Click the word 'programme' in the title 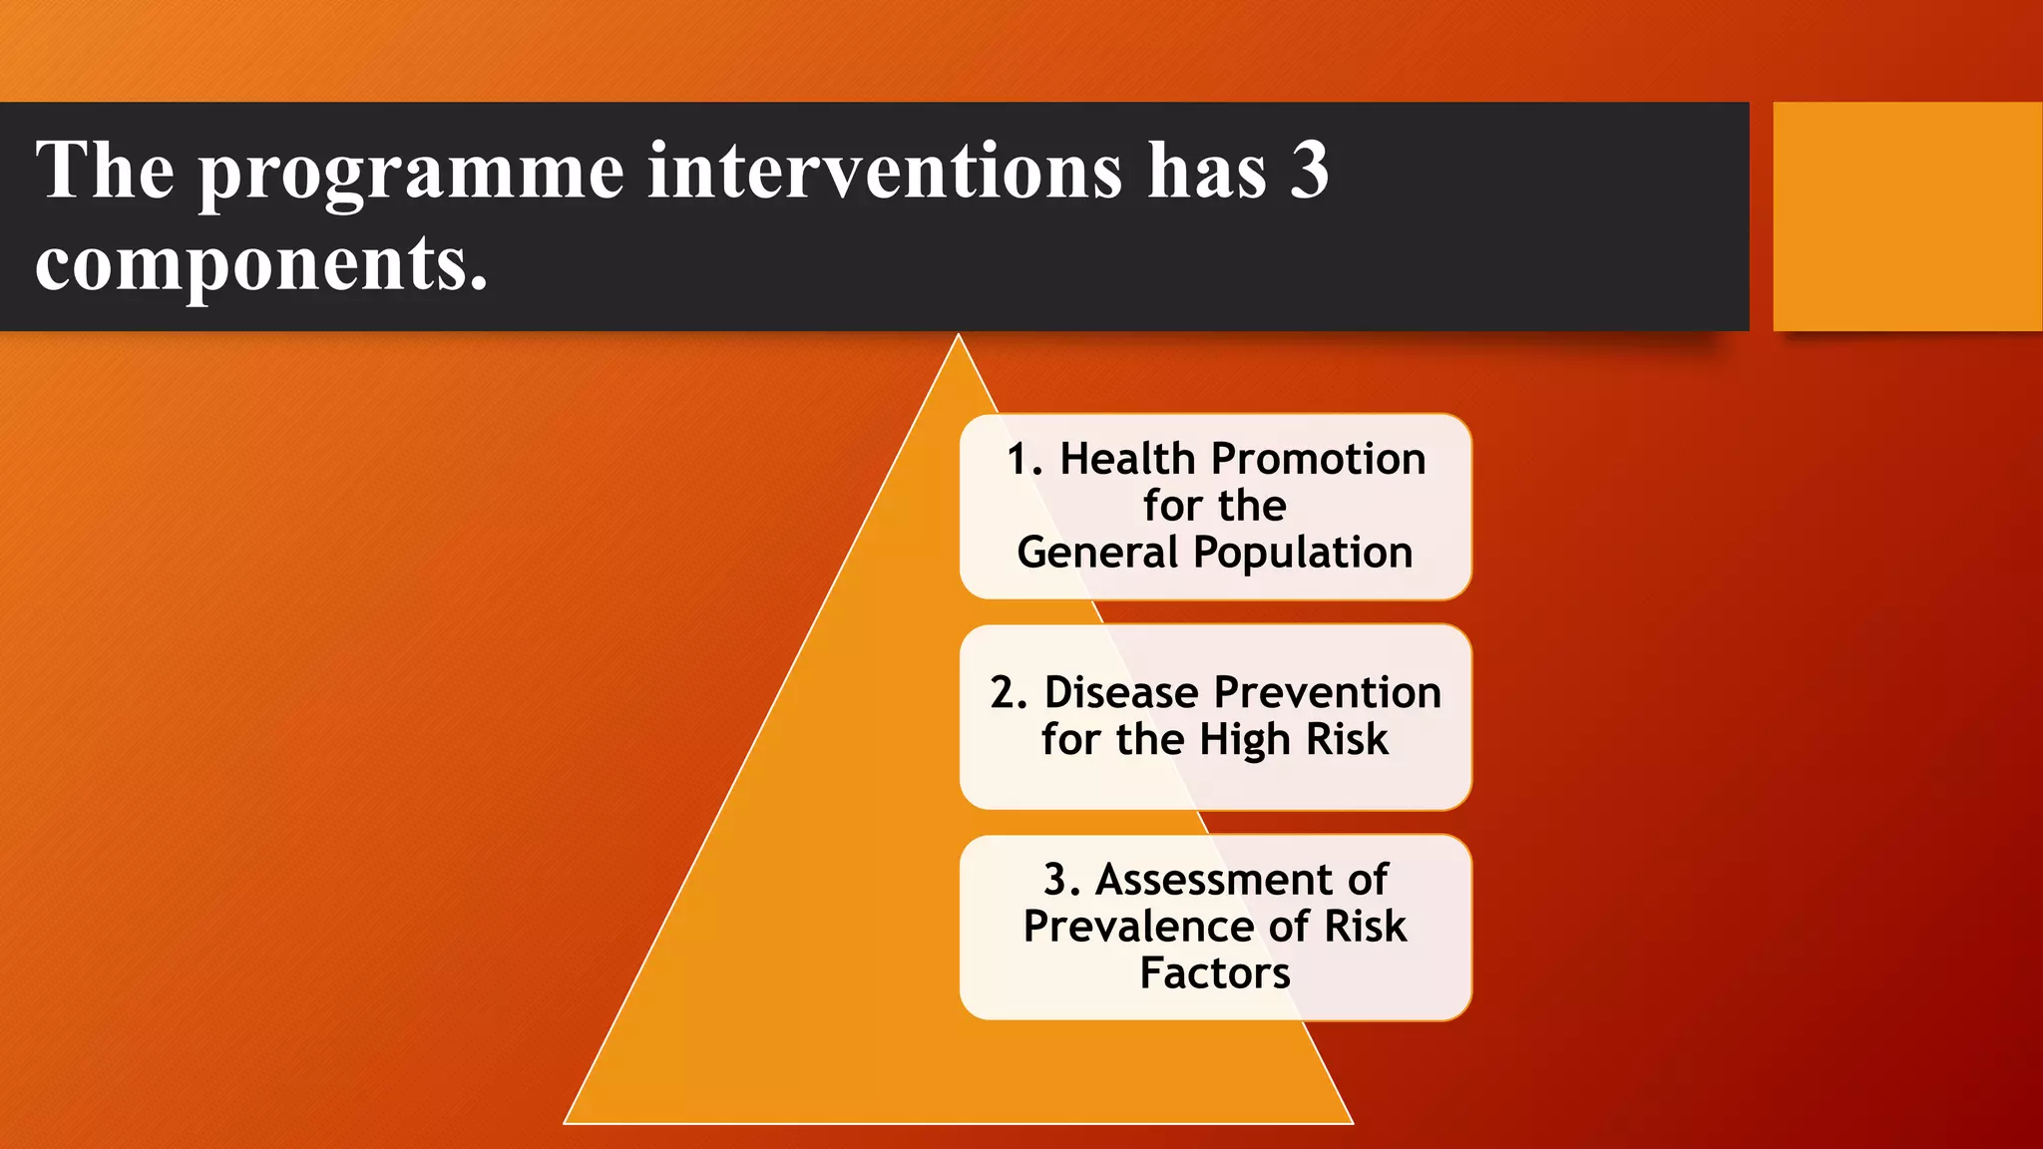[411, 175]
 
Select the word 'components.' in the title [261, 264]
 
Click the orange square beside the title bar [1906, 216]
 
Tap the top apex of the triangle [958, 339]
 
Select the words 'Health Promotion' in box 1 [1242, 460]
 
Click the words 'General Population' [1215, 553]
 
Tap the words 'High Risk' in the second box [1293, 740]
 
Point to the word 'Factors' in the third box [1214, 973]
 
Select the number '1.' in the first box [1024, 460]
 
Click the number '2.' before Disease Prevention [1009, 692]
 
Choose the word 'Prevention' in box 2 [1327, 692]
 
